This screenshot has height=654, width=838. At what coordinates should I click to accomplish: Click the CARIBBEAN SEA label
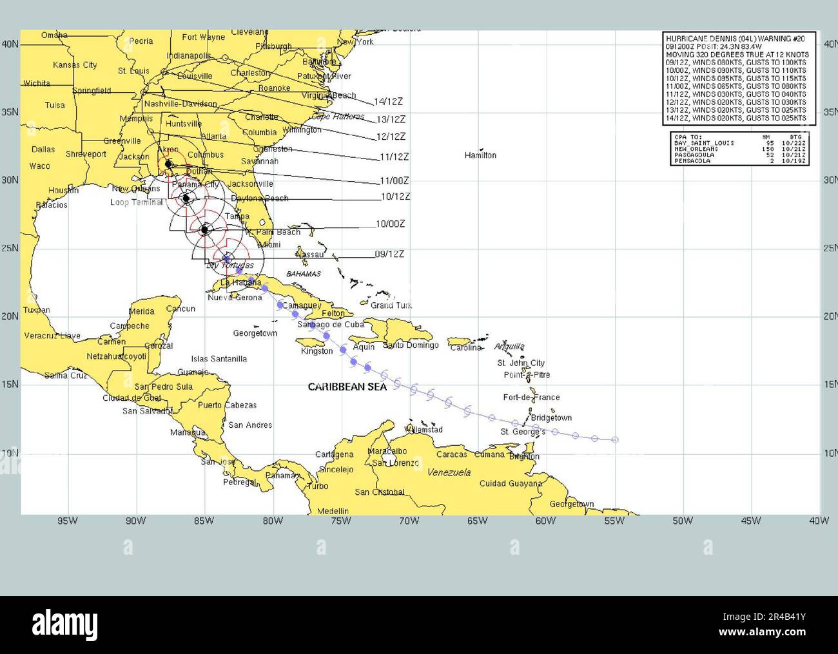(347, 387)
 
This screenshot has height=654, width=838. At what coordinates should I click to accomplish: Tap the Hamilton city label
(480, 155)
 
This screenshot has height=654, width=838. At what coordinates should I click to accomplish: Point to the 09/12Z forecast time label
(389, 255)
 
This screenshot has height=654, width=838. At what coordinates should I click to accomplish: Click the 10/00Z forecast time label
(390, 224)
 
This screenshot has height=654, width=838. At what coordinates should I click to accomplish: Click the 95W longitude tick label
(67, 521)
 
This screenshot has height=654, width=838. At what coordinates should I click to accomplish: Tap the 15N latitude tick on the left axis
(10, 385)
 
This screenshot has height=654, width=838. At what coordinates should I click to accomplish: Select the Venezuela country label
(449, 472)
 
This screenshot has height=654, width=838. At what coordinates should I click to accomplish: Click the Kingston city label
(317, 351)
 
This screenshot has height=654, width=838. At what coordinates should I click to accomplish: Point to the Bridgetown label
(551, 418)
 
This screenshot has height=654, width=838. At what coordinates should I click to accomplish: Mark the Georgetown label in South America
(572, 504)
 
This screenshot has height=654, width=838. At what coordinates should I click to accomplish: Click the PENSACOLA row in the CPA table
(737, 161)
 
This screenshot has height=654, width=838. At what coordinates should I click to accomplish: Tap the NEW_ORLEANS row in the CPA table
(737, 149)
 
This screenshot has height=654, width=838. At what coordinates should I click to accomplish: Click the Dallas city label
(43, 149)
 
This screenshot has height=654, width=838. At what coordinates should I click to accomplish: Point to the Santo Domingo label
(411, 345)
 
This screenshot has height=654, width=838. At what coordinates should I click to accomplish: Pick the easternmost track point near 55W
(615, 440)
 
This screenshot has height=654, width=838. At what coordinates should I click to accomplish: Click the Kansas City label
(75, 65)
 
